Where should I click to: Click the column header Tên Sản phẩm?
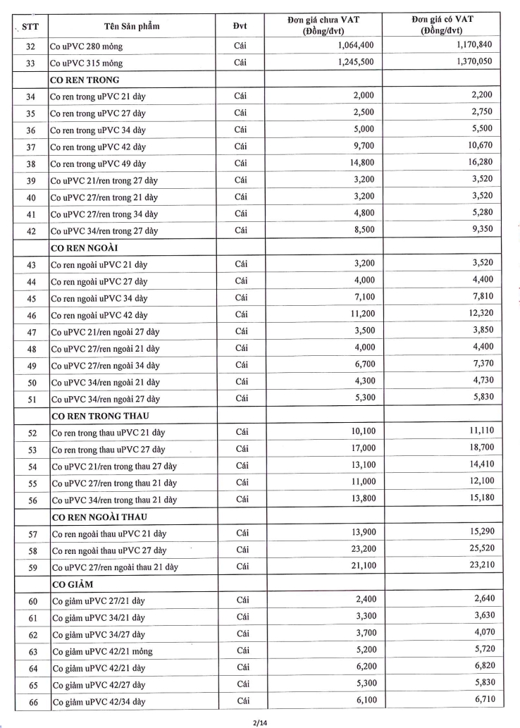click(x=132, y=26)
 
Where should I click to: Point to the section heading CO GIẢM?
click(x=72, y=584)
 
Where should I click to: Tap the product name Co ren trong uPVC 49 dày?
click(x=98, y=164)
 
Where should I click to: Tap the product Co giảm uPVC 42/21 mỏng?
click(x=101, y=650)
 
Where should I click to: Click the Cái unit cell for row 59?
click(x=242, y=566)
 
